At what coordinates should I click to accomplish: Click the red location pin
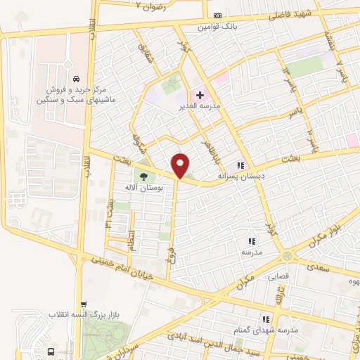point(181,165)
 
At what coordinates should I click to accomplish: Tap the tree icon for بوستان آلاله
point(143,176)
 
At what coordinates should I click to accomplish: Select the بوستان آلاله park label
point(143,188)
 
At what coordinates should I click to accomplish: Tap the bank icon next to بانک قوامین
point(217,15)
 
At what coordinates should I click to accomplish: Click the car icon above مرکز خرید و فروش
point(75,79)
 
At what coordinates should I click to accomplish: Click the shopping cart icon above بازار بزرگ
point(85,304)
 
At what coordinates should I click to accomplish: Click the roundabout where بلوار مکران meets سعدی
point(287,257)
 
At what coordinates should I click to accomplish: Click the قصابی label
point(277,276)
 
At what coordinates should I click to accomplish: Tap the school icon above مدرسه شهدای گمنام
point(266,319)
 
